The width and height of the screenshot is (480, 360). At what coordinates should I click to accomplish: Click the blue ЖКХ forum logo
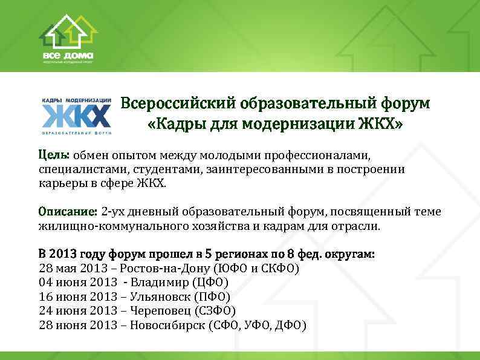coord(76,114)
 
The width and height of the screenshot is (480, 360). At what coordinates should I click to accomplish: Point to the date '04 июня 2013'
coord(78,283)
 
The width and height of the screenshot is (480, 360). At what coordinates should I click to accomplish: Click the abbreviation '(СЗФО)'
coord(215,312)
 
